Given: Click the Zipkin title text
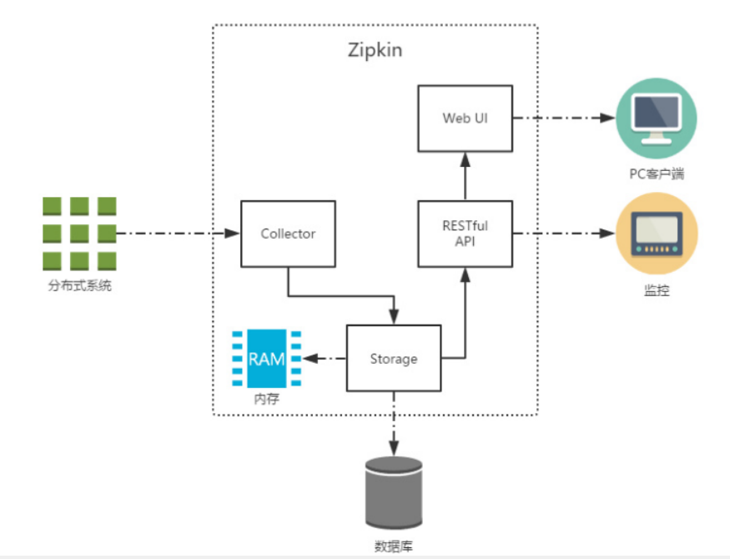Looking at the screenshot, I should (375, 50).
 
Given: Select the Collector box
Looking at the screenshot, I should (288, 234).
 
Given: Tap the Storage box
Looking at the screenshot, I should (394, 359).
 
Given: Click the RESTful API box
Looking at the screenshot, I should (466, 234).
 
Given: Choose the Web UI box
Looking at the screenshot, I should (465, 118).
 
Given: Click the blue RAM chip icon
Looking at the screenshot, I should (267, 359).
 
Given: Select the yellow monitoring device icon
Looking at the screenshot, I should (656, 234).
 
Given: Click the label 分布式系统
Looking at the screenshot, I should (79, 288).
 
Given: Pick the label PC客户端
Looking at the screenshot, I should (657, 174).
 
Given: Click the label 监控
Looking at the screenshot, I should (657, 292).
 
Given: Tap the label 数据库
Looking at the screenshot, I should (393, 547).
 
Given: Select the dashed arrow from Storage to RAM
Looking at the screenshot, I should (325, 359).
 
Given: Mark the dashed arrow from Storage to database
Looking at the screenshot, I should (393, 421).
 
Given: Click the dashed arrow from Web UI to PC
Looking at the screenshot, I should (563, 118).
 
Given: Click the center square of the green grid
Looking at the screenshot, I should (79, 234).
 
